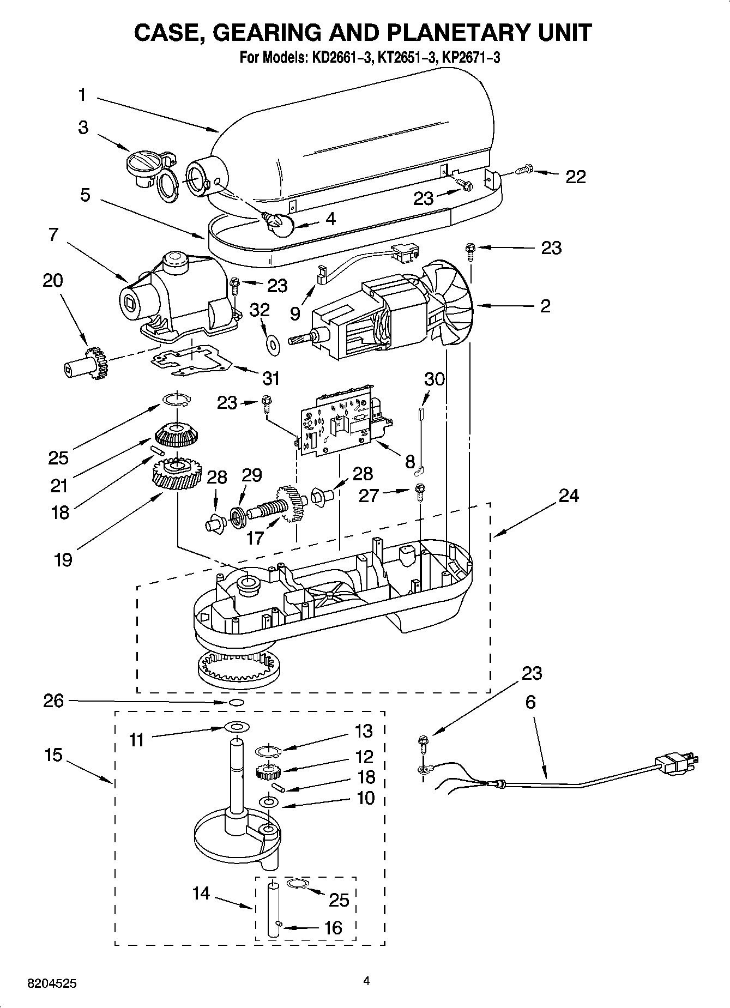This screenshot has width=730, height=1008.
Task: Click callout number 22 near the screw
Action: point(575,177)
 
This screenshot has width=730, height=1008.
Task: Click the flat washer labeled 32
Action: point(272,343)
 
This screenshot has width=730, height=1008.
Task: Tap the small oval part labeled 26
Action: point(236,702)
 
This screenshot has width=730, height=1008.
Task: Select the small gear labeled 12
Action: point(268,771)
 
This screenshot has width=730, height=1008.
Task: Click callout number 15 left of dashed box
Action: point(54,756)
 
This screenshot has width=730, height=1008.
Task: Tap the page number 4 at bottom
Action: point(367,981)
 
